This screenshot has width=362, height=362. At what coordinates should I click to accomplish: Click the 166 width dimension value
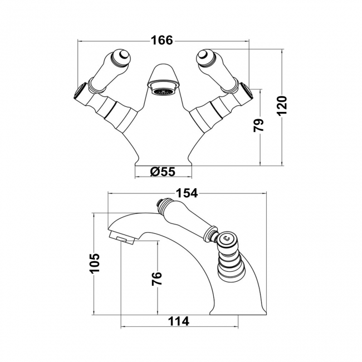162,41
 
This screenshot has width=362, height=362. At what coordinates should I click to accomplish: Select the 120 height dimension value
282,106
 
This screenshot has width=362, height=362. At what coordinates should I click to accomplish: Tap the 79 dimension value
258,125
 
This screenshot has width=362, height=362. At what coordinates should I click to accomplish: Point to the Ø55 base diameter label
163,172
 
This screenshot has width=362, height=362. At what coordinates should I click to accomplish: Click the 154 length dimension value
187,193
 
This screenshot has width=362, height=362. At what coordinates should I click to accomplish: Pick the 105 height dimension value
95,263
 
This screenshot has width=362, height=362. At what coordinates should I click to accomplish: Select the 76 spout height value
156,278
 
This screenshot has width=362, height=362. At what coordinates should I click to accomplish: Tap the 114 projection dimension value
178,321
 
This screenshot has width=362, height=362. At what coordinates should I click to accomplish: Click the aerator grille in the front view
163,92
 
